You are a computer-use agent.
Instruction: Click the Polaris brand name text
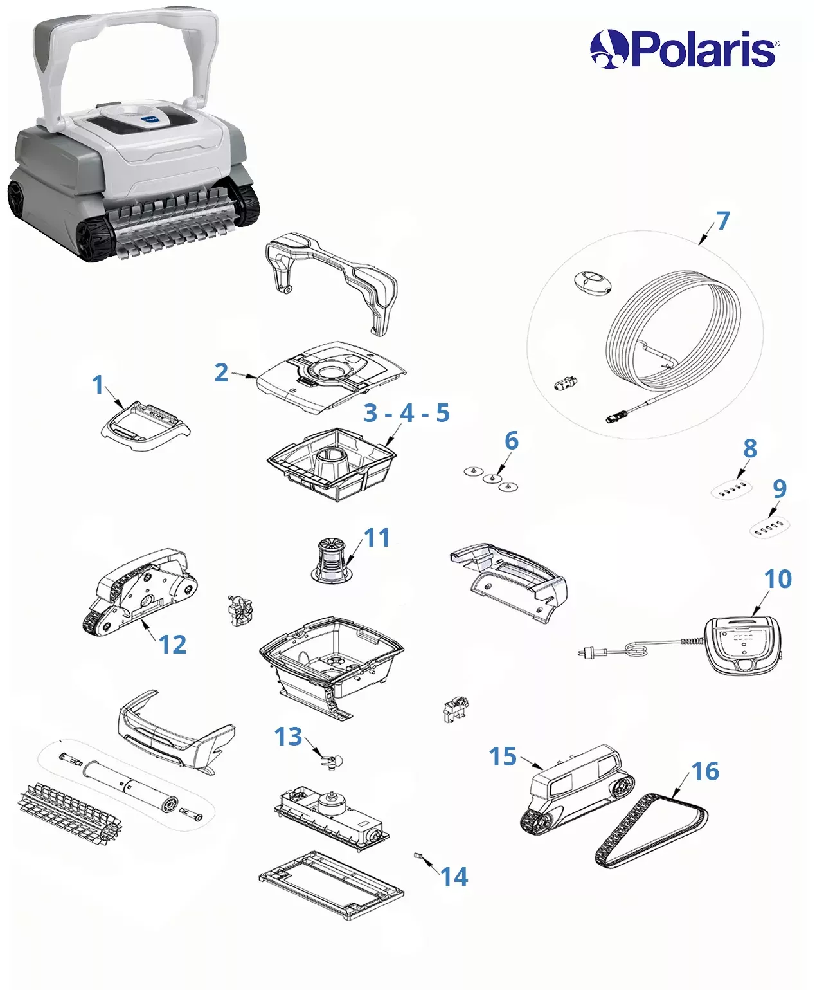[x=703, y=49]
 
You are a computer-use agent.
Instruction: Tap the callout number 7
[x=722, y=221]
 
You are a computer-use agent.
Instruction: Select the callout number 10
[x=778, y=579]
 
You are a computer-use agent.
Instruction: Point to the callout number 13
[x=288, y=737]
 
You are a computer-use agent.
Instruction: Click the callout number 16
[x=705, y=771]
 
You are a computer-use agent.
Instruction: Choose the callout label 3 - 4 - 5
[x=407, y=413]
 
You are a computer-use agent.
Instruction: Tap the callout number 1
[x=98, y=385]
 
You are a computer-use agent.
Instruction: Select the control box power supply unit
[x=742, y=644]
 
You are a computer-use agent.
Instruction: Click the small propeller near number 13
[x=331, y=761]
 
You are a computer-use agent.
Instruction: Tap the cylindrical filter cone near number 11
[x=331, y=560]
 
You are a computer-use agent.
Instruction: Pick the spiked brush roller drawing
[x=69, y=813]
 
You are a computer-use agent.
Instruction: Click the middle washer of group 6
[x=492, y=478]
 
